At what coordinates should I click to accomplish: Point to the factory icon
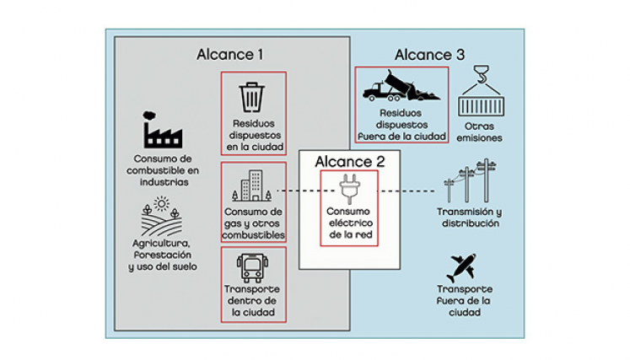coord(159,132)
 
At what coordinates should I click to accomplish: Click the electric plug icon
coord(348,187)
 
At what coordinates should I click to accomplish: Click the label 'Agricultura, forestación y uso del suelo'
coord(162,255)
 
